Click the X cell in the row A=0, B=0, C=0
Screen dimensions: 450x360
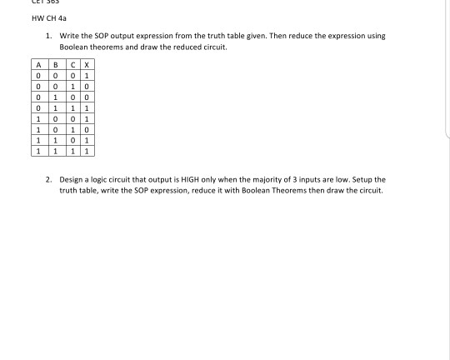[88, 76]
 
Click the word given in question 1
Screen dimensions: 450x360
[252, 37]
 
